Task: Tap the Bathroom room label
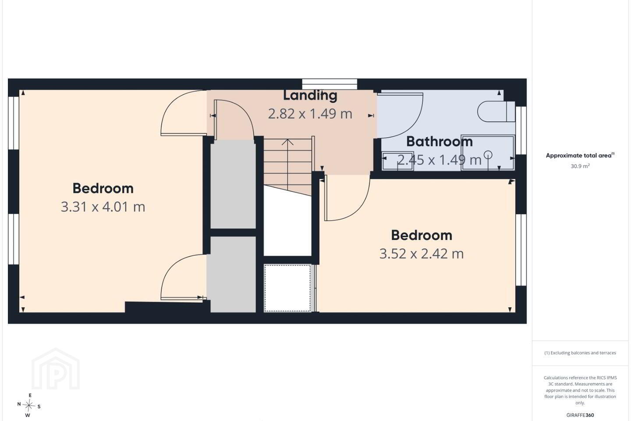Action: point(439,142)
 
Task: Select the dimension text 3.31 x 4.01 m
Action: point(103,207)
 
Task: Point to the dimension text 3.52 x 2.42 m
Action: point(422,253)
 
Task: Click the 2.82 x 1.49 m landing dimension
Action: point(310,114)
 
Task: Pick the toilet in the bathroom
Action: point(496,111)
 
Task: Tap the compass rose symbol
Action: point(29,406)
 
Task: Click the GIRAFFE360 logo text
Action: point(580,415)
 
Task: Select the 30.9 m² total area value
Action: point(580,166)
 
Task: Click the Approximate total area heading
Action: point(580,155)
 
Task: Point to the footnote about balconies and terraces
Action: point(580,353)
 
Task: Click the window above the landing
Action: point(330,84)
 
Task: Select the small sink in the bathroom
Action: point(398,161)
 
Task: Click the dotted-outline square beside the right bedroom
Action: point(287,288)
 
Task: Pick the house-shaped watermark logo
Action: point(56,369)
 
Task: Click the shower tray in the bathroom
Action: point(488,153)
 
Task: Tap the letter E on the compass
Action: point(30,395)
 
